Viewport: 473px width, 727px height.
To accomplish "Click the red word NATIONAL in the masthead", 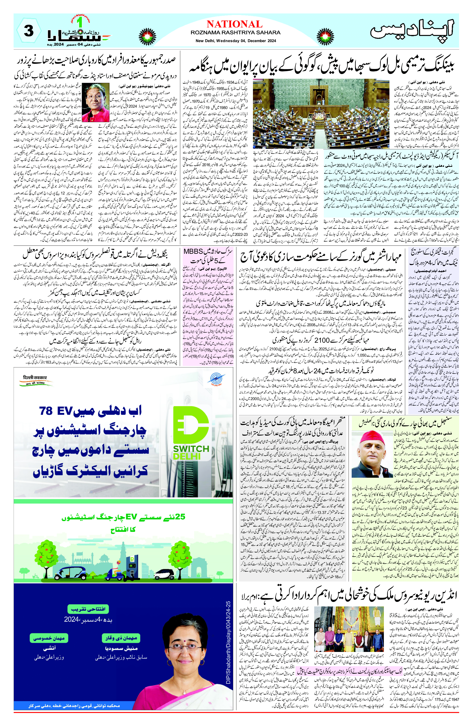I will click(234, 24).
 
